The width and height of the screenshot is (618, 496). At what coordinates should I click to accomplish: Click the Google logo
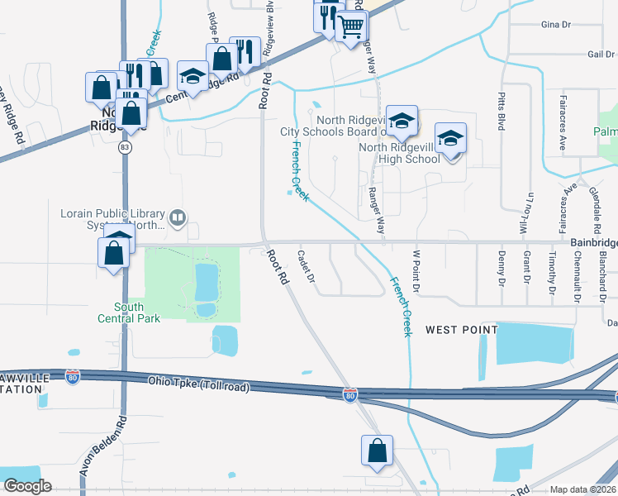27,486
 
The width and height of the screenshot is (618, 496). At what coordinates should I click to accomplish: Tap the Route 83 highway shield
124,146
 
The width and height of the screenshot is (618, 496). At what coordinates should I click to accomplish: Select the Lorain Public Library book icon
178,218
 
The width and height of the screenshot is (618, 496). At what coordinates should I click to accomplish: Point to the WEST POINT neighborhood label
461,330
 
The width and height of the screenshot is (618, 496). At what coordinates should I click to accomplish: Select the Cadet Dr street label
305,266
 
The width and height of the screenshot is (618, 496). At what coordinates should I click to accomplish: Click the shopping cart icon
352,27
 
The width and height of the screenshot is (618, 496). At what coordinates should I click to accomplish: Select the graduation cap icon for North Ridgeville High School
451,139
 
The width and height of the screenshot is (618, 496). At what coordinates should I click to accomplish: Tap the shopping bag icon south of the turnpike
377,451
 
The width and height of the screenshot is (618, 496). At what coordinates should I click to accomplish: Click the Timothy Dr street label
551,276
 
